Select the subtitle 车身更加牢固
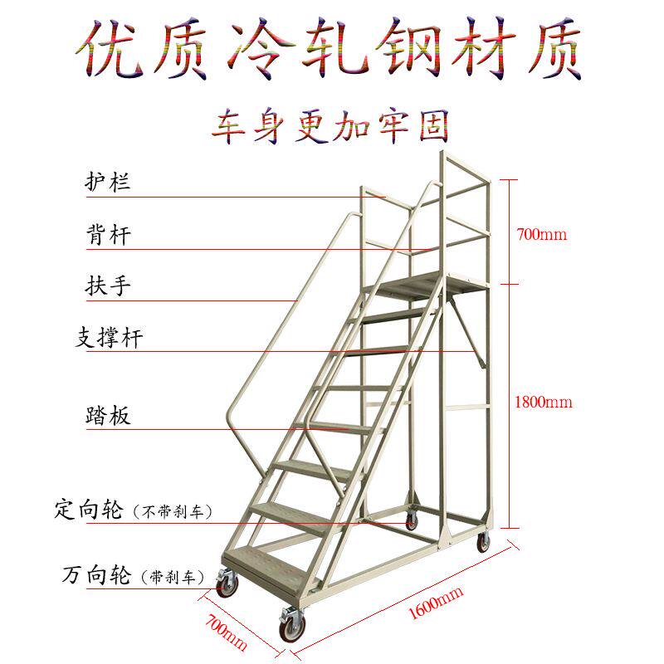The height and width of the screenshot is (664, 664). (x=332, y=127)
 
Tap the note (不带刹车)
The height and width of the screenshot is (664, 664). (x=172, y=510)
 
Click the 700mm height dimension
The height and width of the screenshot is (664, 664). (x=541, y=234)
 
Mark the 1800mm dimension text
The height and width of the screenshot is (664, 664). (x=544, y=403)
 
